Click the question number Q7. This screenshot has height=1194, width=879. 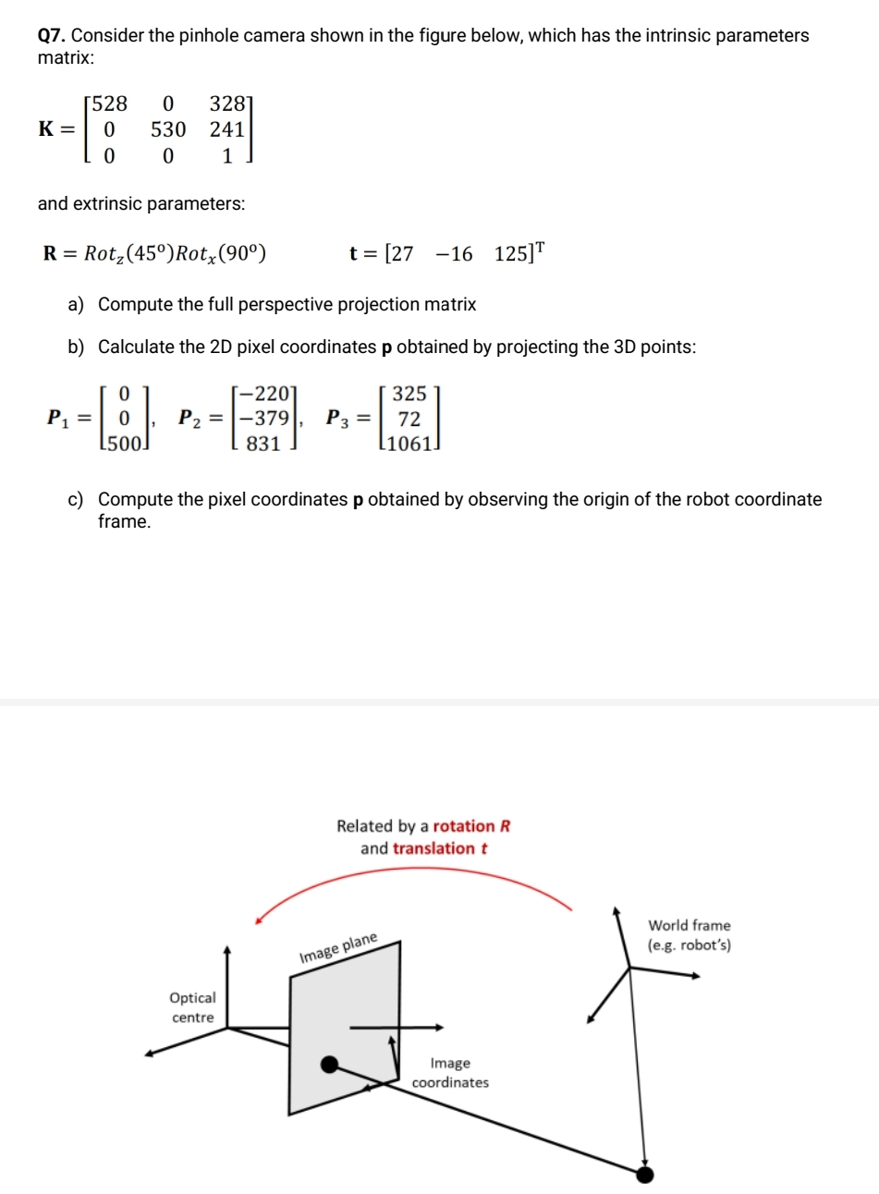(x=52, y=36)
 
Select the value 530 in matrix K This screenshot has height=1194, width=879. (x=167, y=129)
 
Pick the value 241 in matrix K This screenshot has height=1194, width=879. (x=226, y=129)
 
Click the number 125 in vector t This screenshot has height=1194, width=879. (x=510, y=254)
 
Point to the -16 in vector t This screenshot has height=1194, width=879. (x=452, y=254)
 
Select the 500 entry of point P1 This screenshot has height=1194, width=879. (x=123, y=444)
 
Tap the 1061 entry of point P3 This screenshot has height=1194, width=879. (x=409, y=444)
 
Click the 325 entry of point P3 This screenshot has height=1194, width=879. (x=409, y=394)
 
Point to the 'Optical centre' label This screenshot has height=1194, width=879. (x=192, y=1007)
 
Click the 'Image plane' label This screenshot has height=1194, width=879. (x=338, y=949)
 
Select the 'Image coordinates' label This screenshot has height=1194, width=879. (x=450, y=1073)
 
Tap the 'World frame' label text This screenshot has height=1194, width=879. (x=689, y=925)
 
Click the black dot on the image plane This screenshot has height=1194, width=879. (x=329, y=1066)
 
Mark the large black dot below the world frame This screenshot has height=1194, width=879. (x=645, y=1175)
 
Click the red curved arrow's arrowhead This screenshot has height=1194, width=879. (x=259, y=919)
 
